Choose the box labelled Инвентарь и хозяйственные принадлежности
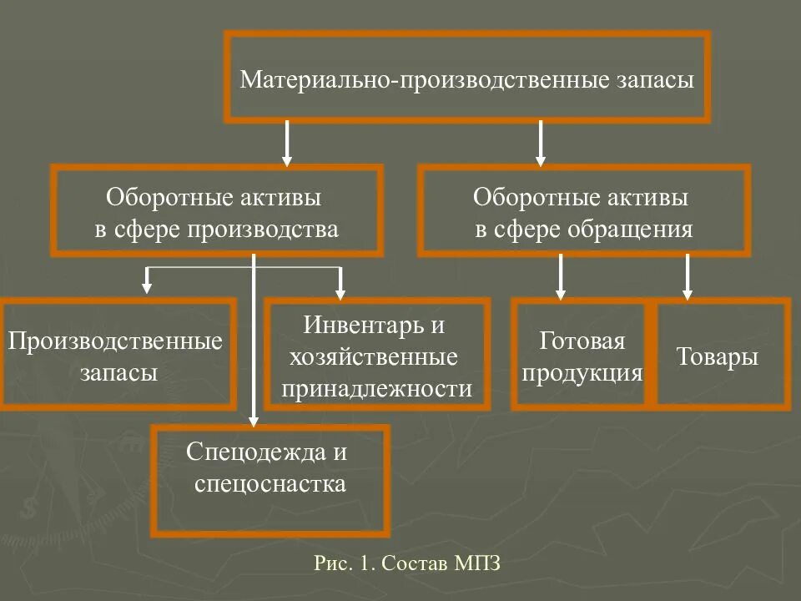[376, 355]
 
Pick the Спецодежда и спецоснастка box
[270, 480]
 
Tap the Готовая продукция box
[582, 355]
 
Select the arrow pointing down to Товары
[687, 277]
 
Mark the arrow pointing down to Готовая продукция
[561, 277]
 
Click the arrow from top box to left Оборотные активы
[287, 143]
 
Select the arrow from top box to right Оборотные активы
[541, 143]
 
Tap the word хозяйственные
[373, 358]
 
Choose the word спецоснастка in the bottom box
[270, 484]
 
